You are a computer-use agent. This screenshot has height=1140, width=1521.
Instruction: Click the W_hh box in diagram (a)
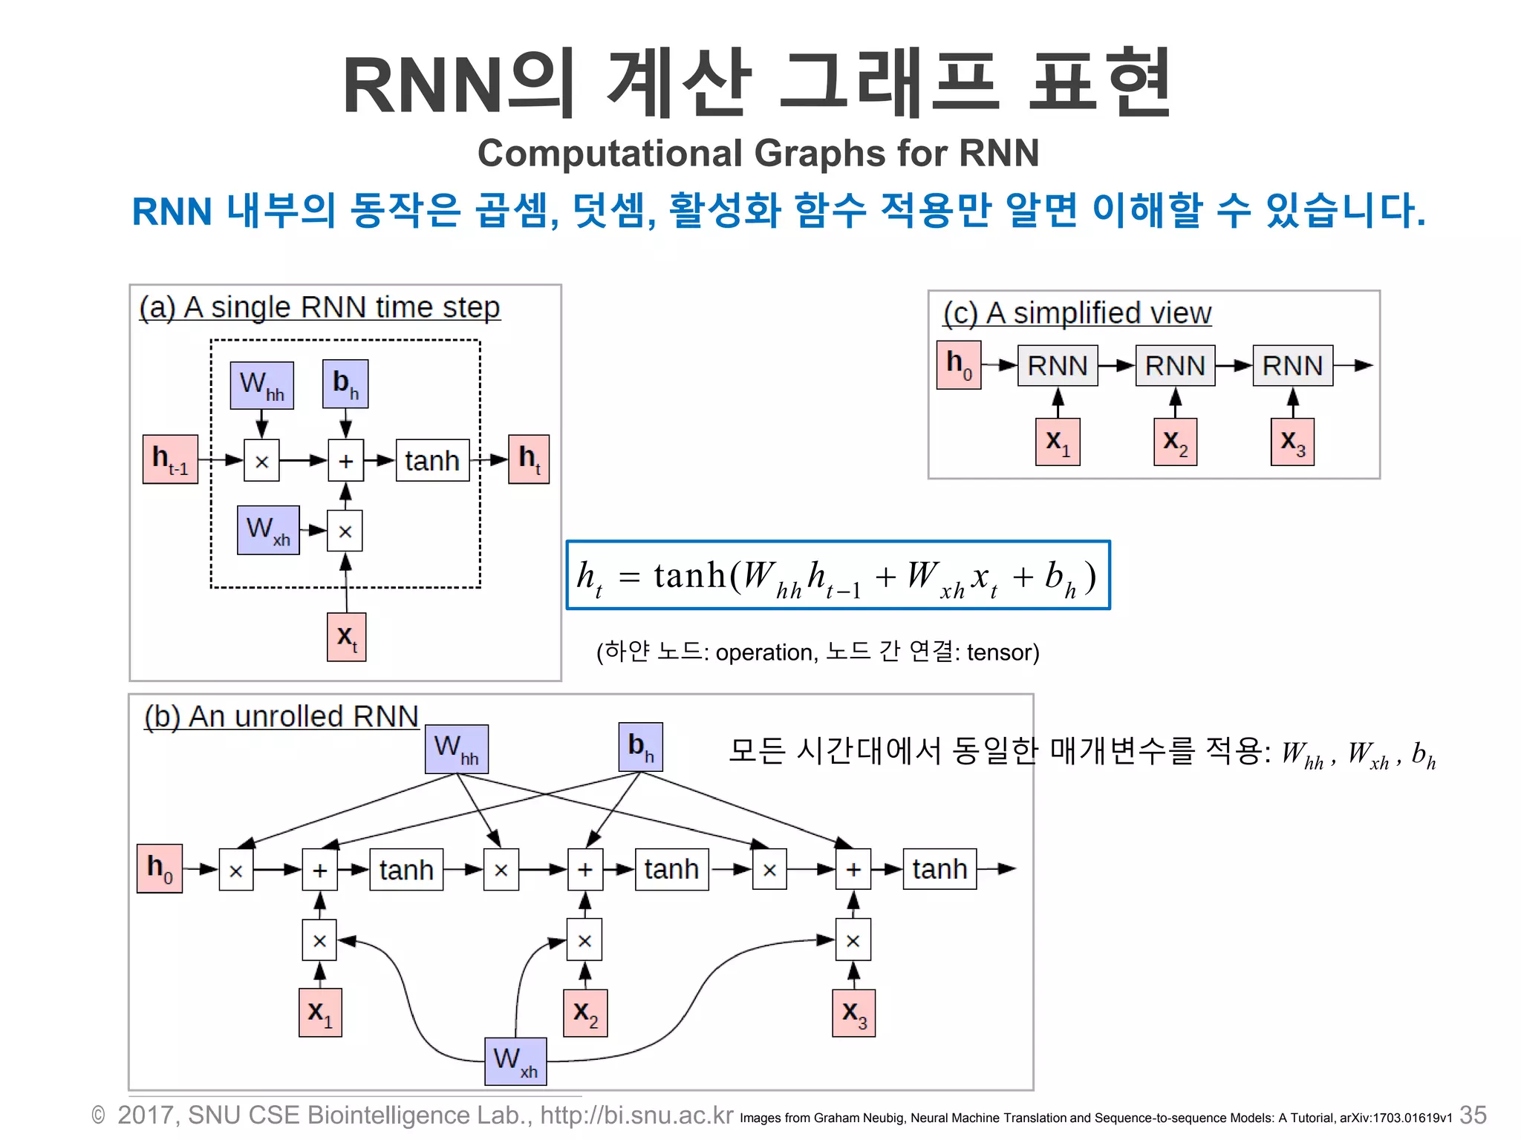point(261,385)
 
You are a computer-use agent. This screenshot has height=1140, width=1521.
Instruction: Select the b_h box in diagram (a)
point(345,384)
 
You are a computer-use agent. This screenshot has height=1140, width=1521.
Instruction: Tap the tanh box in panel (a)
point(432,461)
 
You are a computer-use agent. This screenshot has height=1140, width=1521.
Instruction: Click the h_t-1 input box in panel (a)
point(170,459)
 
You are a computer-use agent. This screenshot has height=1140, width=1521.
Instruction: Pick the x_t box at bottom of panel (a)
point(346,637)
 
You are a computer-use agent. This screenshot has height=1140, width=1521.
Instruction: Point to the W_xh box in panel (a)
point(268,530)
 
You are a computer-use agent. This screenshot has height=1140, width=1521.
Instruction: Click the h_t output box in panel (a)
point(529,459)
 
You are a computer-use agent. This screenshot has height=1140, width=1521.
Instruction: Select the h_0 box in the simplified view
point(959,365)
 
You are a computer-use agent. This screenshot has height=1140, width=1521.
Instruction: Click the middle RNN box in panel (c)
point(1175,366)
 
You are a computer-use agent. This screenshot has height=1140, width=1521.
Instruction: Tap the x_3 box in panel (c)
point(1292,442)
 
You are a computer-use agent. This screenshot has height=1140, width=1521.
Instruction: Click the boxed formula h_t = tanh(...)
point(838,576)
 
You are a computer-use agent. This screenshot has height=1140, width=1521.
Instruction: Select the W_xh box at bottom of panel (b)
point(515,1061)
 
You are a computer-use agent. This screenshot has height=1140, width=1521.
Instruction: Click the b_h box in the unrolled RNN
point(640,747)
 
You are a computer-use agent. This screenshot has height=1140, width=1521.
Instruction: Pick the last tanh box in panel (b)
point(939,869)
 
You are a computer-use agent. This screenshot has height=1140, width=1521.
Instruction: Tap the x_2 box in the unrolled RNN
point(585,1013)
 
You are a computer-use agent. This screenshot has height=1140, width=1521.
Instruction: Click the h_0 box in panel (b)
point(160,868)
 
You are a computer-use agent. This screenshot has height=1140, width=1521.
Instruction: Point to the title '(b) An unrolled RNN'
point(281,717)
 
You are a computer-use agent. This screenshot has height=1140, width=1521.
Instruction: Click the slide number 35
point(1473,1115)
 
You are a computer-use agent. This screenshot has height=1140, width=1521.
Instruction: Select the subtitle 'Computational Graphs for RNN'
point(758,154)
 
